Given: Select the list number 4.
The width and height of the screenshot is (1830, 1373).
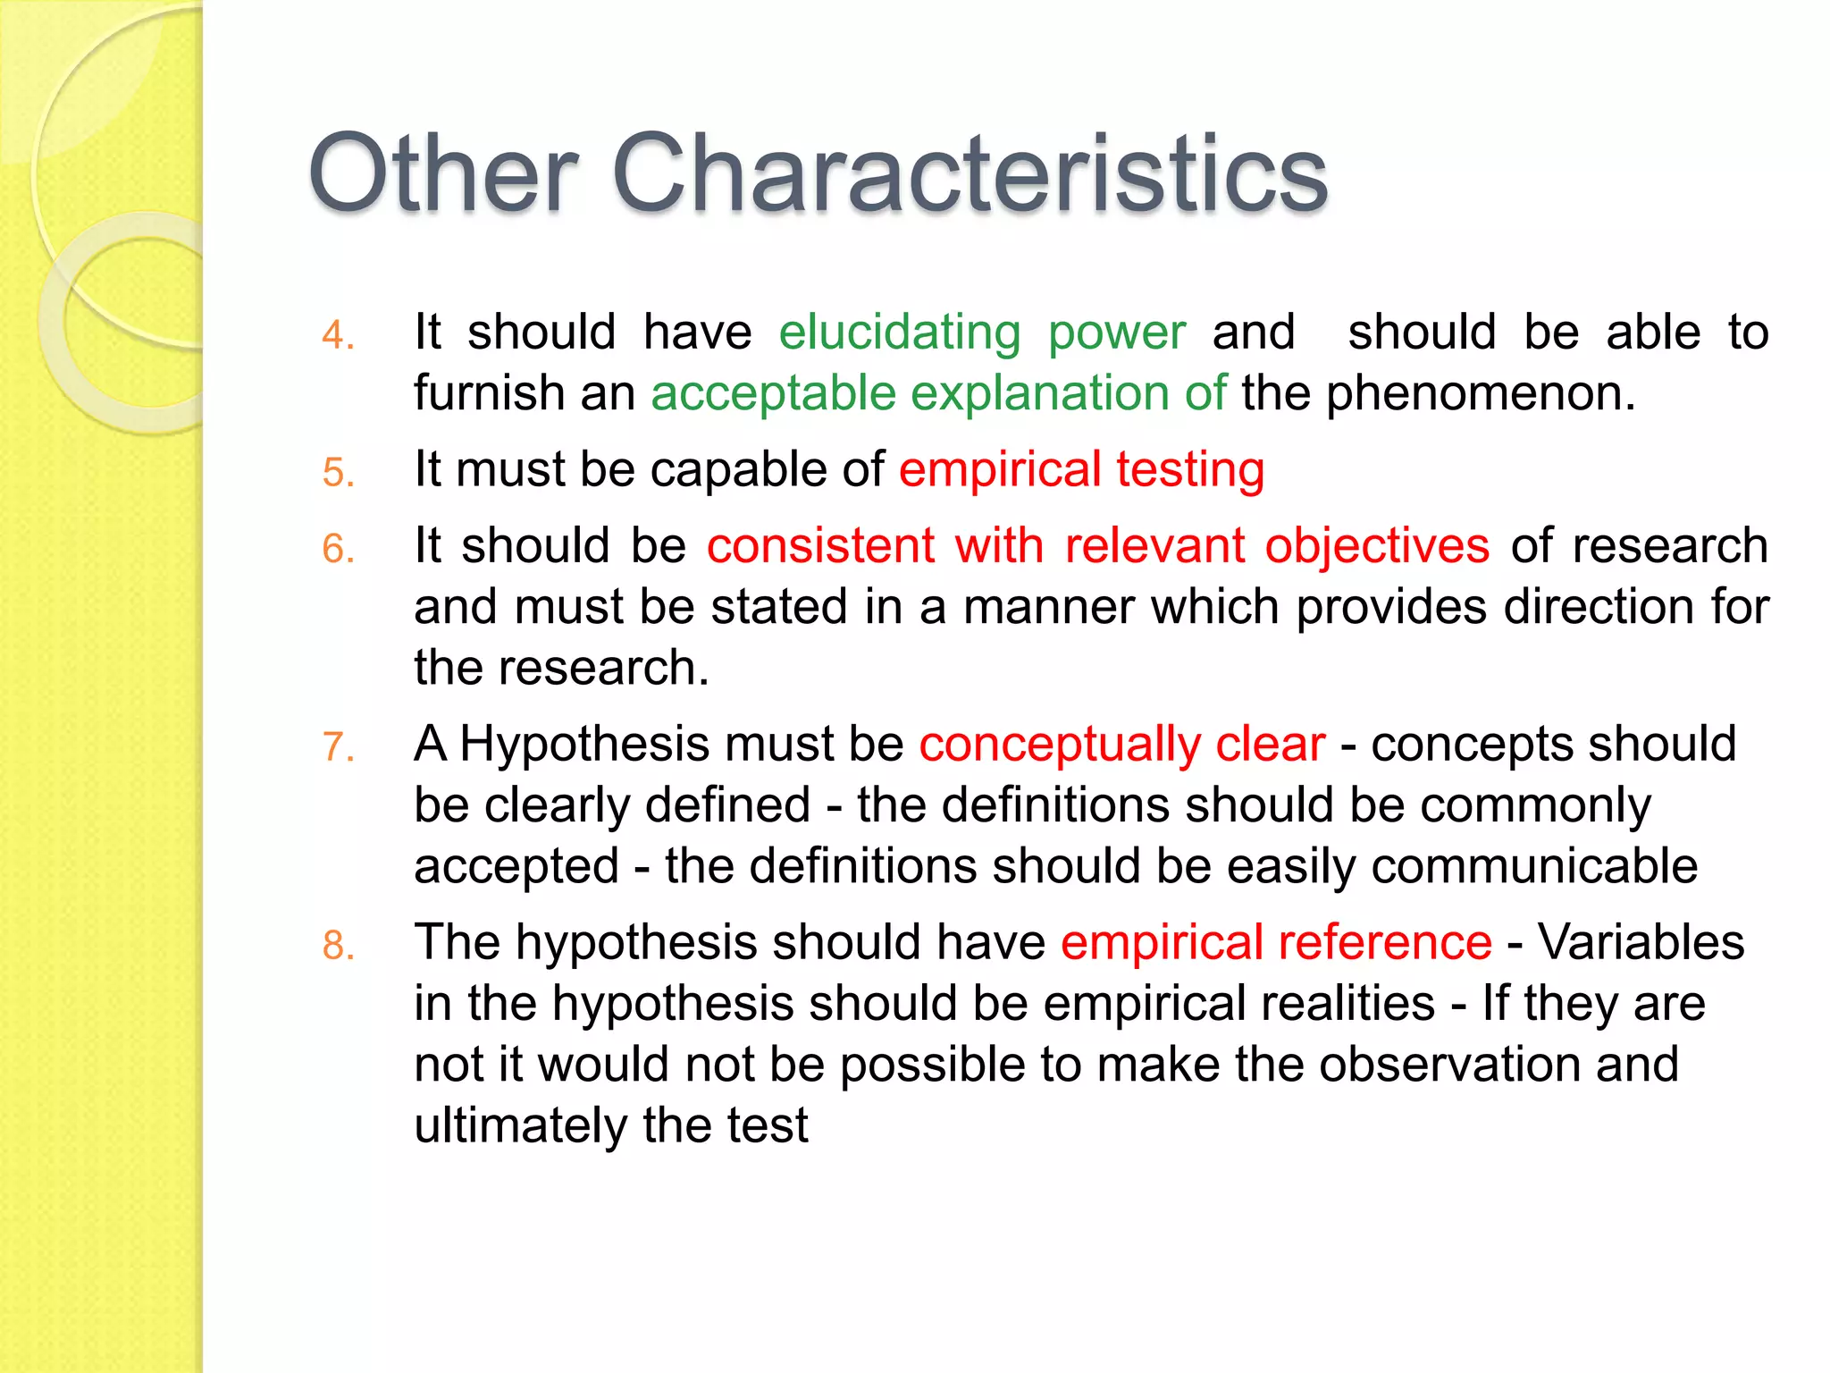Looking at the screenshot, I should pyautogui.click(x=338, y=336).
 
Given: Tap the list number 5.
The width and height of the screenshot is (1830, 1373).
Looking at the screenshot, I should pyautogui.click(x=338, y=473).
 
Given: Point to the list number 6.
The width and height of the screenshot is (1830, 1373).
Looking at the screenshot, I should pyautogui.click(x=338, y=549).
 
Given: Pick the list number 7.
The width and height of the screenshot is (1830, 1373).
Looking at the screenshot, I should pyautogui.click(x=338, y=747).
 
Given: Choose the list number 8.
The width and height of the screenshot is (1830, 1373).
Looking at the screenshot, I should pyautogui.click(x=338, y=946).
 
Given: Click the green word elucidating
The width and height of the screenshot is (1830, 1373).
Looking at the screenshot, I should pyautogui.click(x=899, y=333).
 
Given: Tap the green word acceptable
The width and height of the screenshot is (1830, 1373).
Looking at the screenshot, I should pyautogui.click(x=773, y=393).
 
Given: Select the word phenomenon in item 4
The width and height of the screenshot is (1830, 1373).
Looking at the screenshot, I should pyautogui.click(x=1480, y=393).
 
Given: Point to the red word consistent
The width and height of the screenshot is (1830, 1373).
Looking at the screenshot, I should pyautogui.click(x=820, y=546).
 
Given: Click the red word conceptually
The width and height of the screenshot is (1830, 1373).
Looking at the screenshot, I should pyautogui.click(x=1060, y=745).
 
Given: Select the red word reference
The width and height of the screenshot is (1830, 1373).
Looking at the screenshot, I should pyautogui.click(x=1384, y=943).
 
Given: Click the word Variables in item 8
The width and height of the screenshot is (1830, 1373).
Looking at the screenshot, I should pyautogui.click(x=1641, y=943).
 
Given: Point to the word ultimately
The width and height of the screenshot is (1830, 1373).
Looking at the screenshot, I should pyautogui.click(x=520, y=1125).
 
